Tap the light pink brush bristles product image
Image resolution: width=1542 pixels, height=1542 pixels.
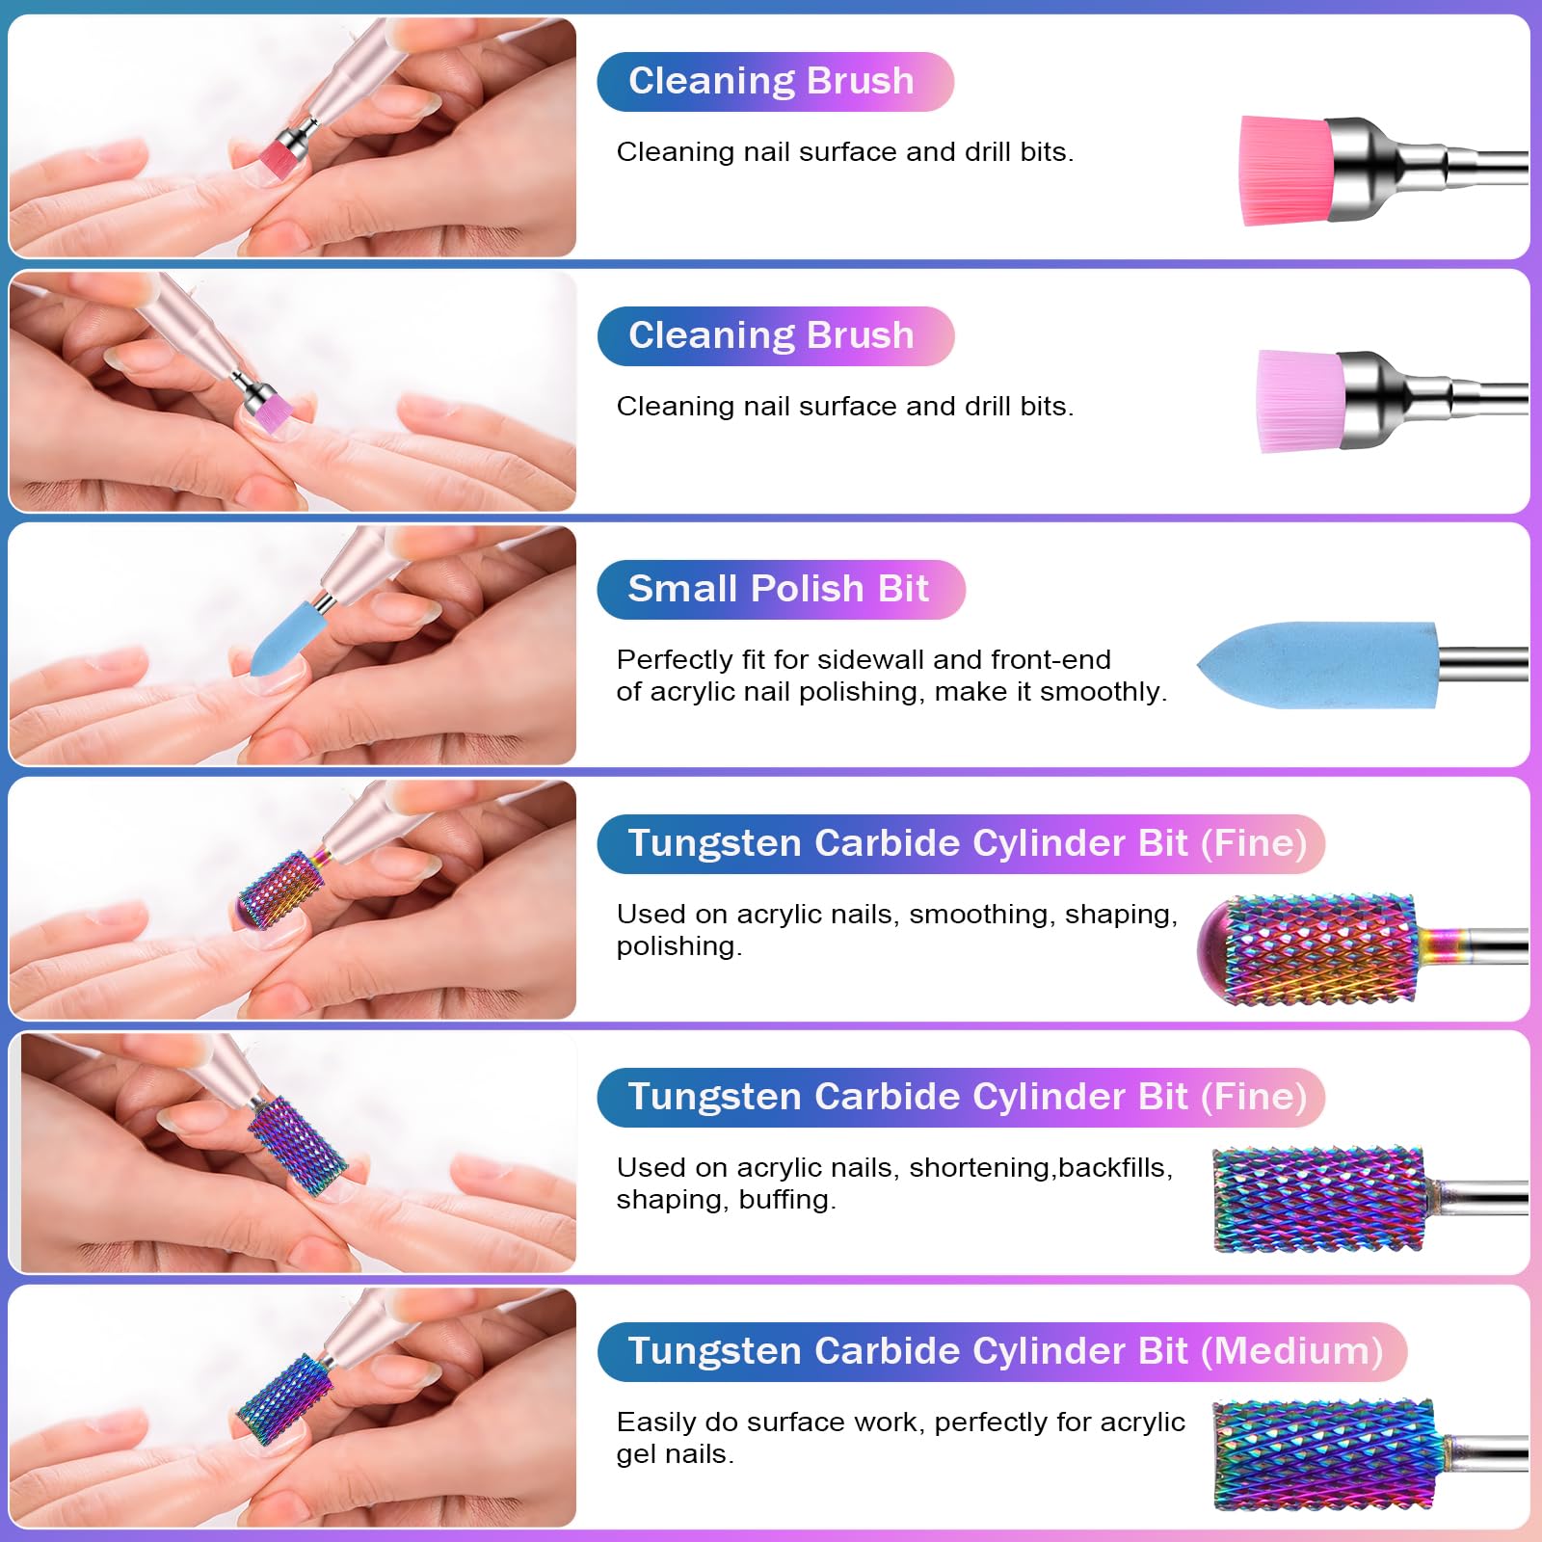(1302, 401)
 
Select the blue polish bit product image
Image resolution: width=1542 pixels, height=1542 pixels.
(1317, 666)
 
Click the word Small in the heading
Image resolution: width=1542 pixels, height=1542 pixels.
(683, 588)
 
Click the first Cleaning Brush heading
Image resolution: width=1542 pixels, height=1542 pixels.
(771, 81)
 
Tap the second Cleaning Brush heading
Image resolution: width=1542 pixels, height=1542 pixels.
(771, 335)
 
